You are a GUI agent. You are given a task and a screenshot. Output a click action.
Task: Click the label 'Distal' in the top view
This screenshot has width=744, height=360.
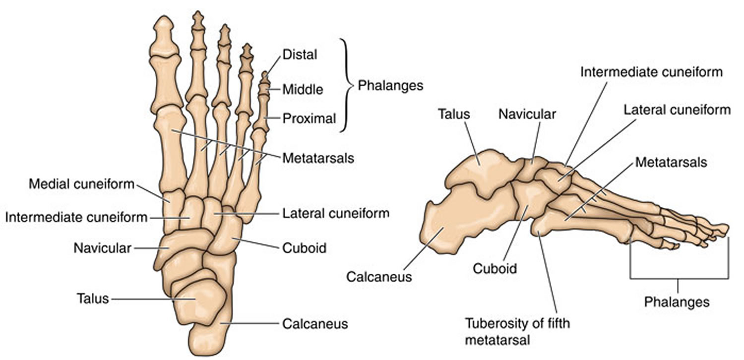[x=299, y=55]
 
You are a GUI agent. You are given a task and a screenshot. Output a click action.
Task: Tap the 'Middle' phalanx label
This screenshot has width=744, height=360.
[x=303, y=90]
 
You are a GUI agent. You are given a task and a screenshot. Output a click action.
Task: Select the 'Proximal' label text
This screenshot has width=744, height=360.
[x=310, y=119]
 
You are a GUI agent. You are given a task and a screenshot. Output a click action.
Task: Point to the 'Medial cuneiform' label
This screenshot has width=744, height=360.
[x=82, y=184]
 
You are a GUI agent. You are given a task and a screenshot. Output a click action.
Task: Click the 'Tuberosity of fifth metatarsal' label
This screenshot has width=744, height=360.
[x=517, y=330]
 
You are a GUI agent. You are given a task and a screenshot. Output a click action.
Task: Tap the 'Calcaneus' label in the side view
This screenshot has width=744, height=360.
[x=379, y=276]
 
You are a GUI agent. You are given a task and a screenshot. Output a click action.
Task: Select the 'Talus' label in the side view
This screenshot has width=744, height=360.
[x=454, y=115]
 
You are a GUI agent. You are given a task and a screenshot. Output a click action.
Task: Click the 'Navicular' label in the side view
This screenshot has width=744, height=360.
[x=527, y=115]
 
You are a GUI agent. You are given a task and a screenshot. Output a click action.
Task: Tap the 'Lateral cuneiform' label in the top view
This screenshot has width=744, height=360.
[x=336, y=214]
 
